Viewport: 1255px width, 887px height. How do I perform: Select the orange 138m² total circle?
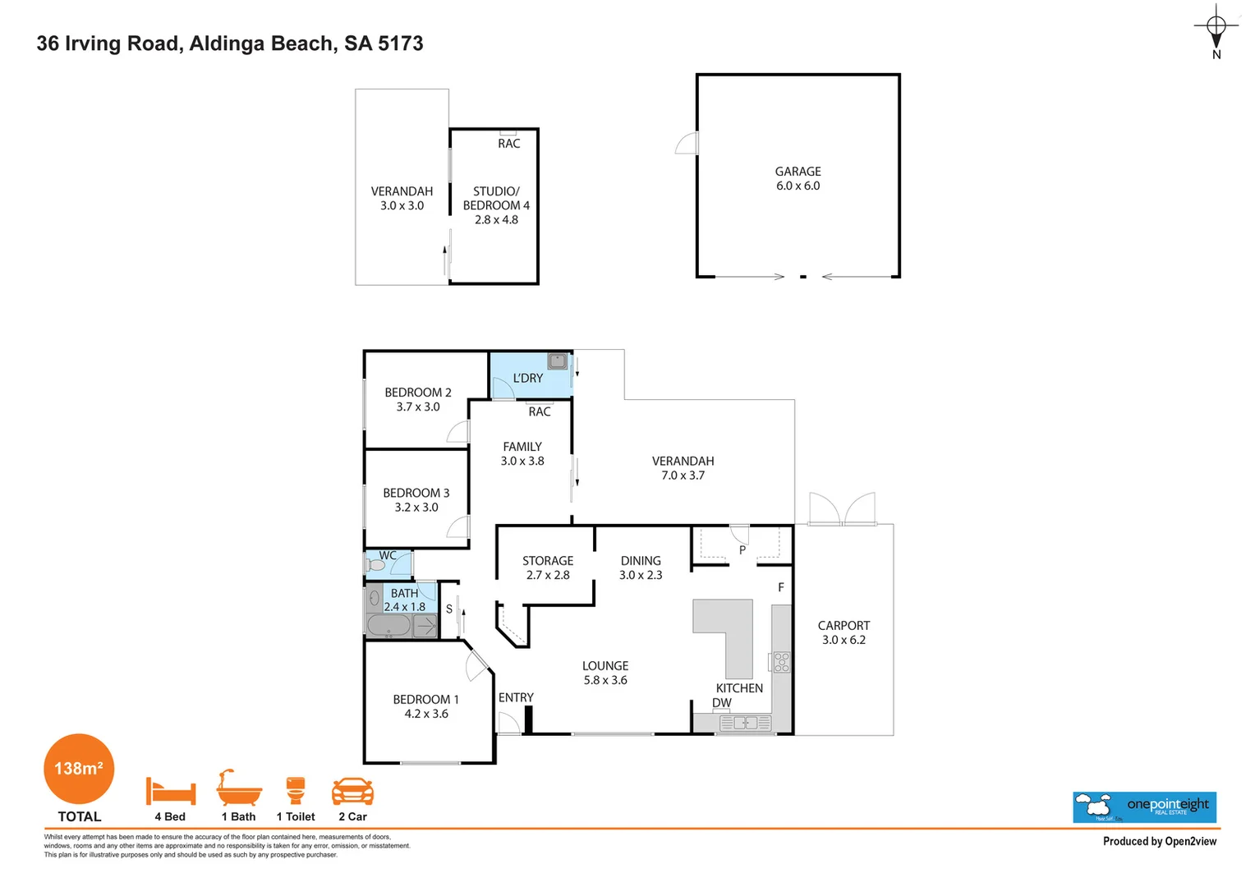click(79, 769)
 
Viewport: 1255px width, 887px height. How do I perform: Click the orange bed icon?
click(171, 791)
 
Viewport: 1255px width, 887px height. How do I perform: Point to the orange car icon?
click(352, 791)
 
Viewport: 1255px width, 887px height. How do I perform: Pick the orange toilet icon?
click(295, 791)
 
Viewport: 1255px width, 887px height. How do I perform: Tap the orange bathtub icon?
click(239, 788)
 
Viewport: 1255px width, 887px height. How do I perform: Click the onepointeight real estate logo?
click(1144, 807)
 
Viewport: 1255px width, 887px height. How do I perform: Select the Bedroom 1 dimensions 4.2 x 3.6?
click(426, 714)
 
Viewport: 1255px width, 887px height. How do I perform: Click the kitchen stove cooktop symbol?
click(782, 662)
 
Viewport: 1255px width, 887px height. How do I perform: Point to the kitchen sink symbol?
click(745, 724)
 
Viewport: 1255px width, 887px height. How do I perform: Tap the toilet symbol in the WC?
click(375, 564)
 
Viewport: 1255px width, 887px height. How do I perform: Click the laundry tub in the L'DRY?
click(558, 361)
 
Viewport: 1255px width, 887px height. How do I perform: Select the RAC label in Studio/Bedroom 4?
click(508, 144)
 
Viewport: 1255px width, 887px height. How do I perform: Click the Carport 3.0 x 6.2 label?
click(844, 632)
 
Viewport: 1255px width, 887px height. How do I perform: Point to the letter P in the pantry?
click(742, 550)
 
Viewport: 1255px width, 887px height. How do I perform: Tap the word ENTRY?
click(516, 697)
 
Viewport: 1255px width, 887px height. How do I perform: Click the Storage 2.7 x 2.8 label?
click(548, 568)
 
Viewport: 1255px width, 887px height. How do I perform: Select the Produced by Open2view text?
click(1160, 842)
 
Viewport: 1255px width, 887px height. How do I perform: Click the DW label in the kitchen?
click(722, 703)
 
